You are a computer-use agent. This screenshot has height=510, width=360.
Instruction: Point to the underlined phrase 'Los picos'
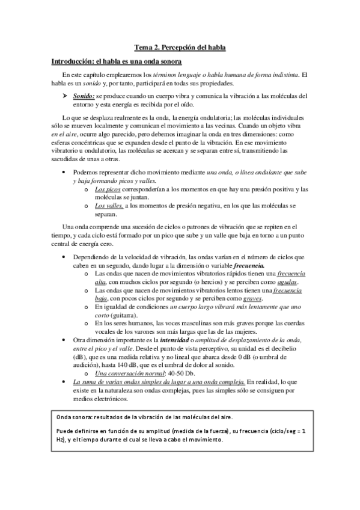(x=108, y=189)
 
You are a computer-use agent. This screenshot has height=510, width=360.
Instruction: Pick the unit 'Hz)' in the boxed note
(x=61, y=440)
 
